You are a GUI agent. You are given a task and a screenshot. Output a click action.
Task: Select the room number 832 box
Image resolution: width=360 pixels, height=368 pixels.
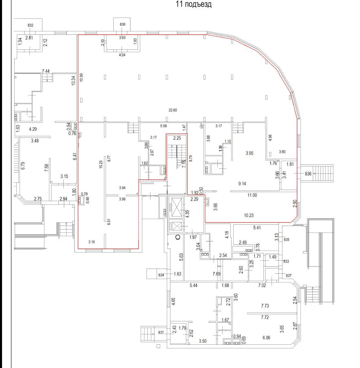tap(30, 25)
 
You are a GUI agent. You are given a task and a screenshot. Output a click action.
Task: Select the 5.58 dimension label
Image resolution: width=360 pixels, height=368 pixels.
tap(164, 126)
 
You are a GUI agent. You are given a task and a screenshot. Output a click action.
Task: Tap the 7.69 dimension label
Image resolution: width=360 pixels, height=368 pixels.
tap(216, 274)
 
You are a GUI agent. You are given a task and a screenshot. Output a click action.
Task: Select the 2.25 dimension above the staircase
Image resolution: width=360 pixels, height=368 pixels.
tap(177, 138)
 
